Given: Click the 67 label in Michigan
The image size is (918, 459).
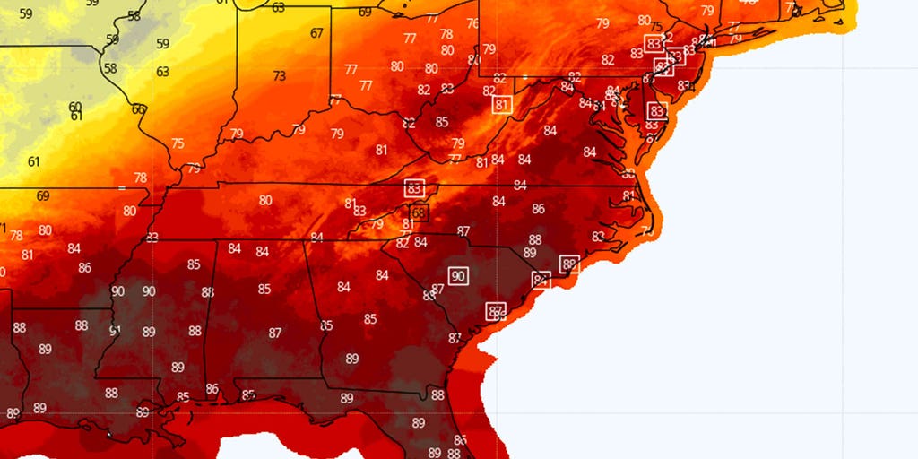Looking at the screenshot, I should pos(316,33).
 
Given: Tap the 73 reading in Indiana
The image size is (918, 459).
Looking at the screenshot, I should pos(280,76).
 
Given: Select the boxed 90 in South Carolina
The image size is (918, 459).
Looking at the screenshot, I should pos(458,276).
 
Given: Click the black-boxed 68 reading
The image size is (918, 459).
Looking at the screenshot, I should pos(420,212).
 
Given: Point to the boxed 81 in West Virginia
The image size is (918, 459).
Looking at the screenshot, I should pos(502,105).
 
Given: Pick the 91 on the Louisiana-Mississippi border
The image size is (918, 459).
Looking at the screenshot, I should pos(115,331).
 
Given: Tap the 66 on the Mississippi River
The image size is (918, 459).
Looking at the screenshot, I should pos(138,109).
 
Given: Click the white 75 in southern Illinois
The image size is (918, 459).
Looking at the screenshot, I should pos(178,143).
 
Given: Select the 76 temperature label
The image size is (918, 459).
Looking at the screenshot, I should pos(472,23).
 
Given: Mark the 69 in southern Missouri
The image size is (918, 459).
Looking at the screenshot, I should pos(43,195).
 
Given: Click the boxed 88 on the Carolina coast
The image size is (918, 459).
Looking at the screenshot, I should pos(569,264).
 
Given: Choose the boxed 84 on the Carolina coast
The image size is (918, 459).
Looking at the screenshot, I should pos(541,280).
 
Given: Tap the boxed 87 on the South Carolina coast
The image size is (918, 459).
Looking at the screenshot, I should pos(496,310).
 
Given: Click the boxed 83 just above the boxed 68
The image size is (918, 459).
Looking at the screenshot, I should pos(414,189).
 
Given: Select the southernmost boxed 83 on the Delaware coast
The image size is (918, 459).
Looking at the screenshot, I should pos(657,111).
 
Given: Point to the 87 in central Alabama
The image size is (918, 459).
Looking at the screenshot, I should pos(275,333).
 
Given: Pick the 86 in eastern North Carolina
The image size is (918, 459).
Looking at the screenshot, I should pos(538,209).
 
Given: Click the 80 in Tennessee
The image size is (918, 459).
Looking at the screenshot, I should pos(265,200).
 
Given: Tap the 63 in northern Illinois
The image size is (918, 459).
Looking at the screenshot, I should pos(162,72).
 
